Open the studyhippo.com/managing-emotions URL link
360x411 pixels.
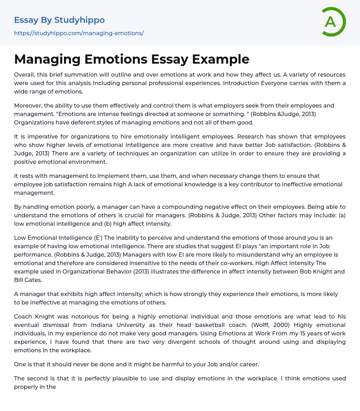tap(79, 33)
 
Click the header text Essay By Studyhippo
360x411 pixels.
tap(59, 20)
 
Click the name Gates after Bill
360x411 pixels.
tap(34, 280)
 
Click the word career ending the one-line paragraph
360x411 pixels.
tap(247, 364)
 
